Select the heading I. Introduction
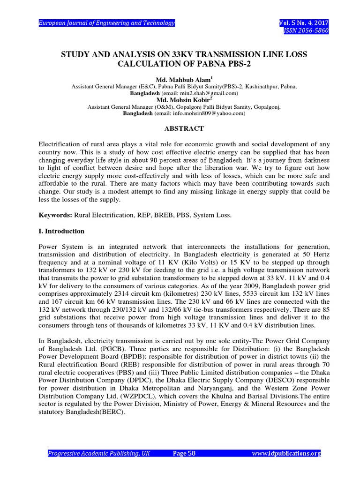point(61,231)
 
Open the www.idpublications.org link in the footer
point(286,453)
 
